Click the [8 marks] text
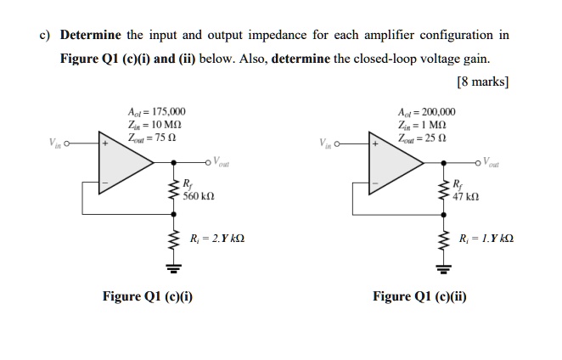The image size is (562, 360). pos(482,82)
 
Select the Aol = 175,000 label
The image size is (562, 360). pos(150,112)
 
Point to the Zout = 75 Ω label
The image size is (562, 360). pos(149,138)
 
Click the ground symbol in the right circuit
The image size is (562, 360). pos(441,270)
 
